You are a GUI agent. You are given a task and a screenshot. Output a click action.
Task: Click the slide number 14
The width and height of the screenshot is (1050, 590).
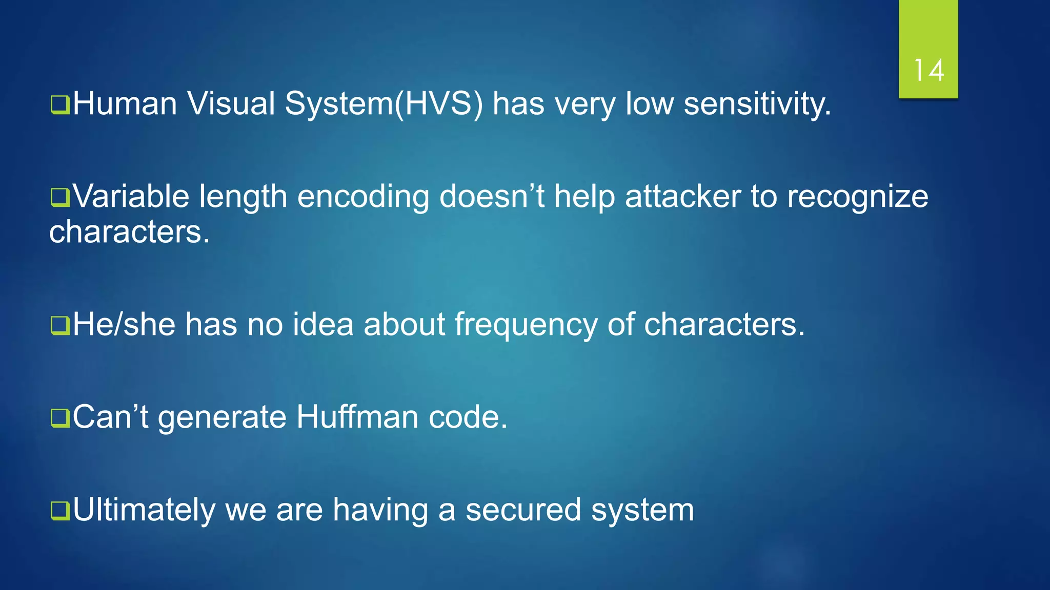(928, 70)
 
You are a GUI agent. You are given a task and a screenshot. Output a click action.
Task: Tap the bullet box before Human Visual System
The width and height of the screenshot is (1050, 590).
(60, 104)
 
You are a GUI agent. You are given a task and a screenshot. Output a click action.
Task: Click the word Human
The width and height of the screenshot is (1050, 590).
(125, 103)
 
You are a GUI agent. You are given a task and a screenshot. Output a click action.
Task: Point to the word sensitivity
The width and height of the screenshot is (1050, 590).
(757, 104)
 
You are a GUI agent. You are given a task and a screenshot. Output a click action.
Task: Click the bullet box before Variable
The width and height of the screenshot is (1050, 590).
(60, 198)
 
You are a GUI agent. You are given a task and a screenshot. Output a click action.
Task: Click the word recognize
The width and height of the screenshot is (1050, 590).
(857, 198)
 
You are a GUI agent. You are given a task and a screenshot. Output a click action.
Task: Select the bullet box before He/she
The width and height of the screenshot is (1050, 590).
(60, 325)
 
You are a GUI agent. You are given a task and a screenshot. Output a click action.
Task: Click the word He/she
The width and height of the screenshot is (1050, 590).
(124, 325)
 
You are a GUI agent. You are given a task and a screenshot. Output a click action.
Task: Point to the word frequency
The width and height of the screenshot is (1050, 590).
(526, 326)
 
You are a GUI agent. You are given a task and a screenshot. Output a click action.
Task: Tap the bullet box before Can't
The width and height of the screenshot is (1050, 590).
(60, 418)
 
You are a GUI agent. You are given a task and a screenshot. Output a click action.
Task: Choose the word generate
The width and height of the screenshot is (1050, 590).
(222, 418)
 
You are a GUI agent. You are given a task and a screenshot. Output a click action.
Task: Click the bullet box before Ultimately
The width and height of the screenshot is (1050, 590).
(60, 511)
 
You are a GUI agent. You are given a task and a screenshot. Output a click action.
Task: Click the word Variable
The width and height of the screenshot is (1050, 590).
(131, 197)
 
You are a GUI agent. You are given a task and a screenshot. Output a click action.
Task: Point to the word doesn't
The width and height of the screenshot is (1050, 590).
(492, 197)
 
